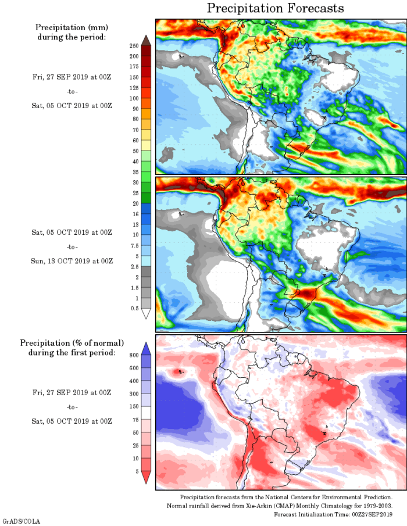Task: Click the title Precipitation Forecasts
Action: pyautogui.click(x=276, y=8)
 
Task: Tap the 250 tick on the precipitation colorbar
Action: pyautogui.click(x=133, y=45)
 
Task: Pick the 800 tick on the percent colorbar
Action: pyautogui.click(x=133, y=354)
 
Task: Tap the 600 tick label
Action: pyautogui.click(x=133, y=367)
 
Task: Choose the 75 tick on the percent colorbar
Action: pyautogui.click(x=134, y=420)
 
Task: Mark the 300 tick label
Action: pyautogui.click(x=133, y=393)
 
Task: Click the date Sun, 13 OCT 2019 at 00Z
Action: pyautogui.click(x=72, y=260)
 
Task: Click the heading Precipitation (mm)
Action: pyautogui.click(x=72, y=27)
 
